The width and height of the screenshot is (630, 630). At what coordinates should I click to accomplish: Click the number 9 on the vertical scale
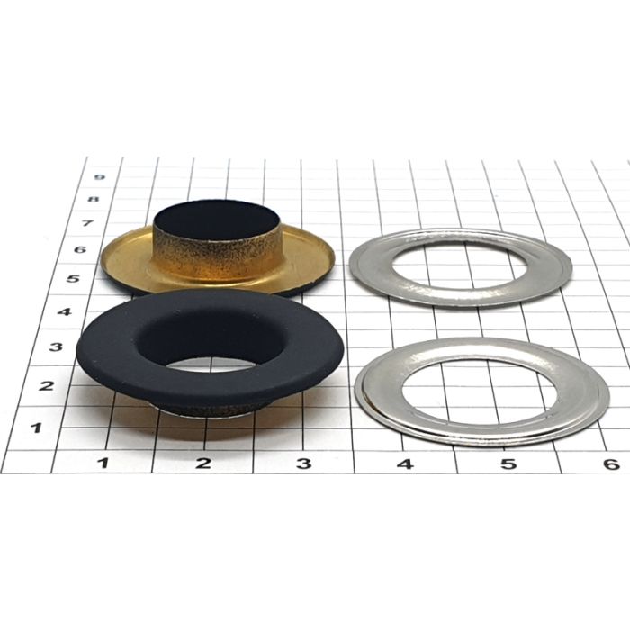point(98,177)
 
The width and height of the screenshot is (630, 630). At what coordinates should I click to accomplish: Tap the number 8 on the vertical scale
point(94,199)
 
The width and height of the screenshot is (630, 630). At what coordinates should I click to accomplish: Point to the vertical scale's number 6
point(80,249)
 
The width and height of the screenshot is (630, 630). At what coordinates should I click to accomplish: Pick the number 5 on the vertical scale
point(73,278)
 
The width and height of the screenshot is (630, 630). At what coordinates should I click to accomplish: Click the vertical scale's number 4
point(65,311)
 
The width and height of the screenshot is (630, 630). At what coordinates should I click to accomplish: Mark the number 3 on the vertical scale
point(56,346)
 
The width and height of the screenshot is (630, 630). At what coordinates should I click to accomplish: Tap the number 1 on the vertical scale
point(37,427)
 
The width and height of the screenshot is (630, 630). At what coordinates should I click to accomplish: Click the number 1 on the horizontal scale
point(104,463)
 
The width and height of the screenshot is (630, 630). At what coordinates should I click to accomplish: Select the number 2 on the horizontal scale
point(203,463)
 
